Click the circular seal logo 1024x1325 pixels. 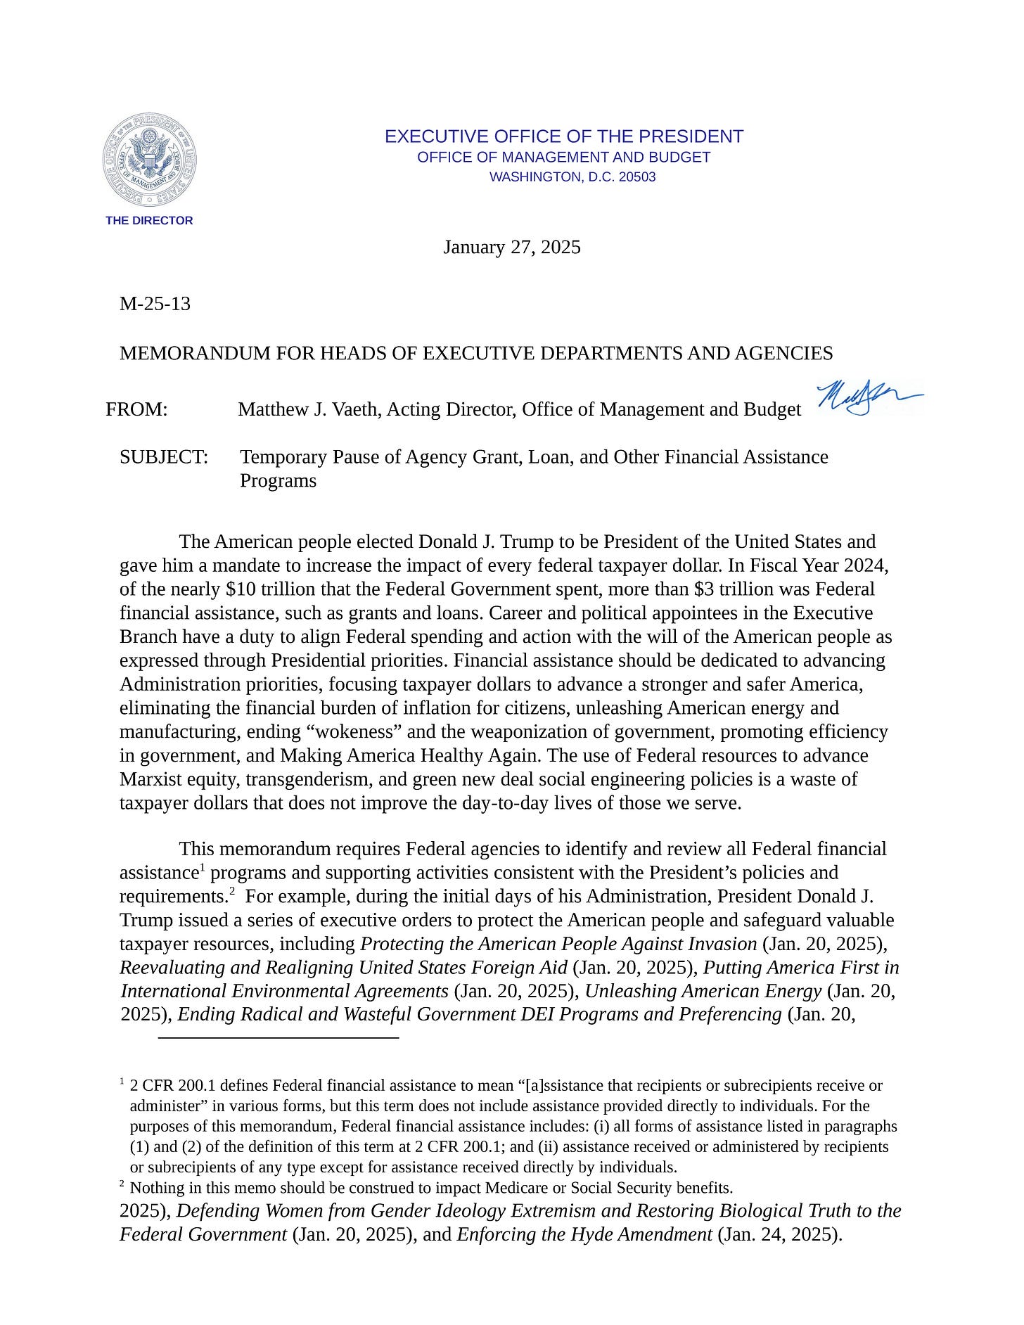click(148, 160)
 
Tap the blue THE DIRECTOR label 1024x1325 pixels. click(149, 221)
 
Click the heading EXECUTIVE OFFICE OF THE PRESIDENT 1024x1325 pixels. click(563, 136)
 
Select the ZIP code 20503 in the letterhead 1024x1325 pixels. click(637, 177)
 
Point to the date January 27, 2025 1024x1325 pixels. click(511, 248)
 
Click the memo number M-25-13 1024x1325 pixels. click(155, 304)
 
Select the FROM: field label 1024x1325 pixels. click(136, 409)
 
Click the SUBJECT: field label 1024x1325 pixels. click(164, 457)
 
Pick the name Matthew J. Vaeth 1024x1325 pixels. click(307, 409)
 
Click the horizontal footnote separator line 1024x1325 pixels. click(279, 1037)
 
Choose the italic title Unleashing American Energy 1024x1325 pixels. click(703, 991)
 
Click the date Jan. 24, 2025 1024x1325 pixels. click(778, 1234)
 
